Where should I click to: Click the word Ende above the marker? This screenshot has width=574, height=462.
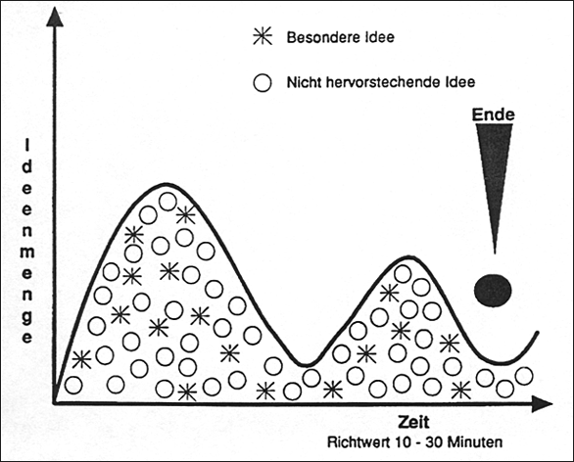(493, 115)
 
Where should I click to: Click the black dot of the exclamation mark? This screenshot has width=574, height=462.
(493, 290)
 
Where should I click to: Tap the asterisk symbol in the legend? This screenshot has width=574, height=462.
(263, 36)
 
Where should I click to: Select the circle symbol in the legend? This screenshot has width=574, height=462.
(263, 82)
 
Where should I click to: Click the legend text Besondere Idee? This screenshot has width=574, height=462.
(341, 37)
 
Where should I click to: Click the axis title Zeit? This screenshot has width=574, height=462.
(413, 422)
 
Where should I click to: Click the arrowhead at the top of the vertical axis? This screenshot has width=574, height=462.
(55, 17)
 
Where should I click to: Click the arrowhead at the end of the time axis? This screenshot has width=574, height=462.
(542, 403)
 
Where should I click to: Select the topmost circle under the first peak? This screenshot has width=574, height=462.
(167, 202)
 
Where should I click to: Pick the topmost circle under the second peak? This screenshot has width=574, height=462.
(403, 274)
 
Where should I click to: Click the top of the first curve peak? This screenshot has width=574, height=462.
(167, 184)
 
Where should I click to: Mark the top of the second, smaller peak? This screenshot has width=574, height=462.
(409, 257)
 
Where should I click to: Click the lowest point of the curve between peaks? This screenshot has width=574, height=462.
(307, 365)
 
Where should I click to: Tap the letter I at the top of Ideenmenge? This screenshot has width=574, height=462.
(26, 146)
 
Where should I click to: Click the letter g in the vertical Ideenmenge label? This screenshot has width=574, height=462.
(27, 317)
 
